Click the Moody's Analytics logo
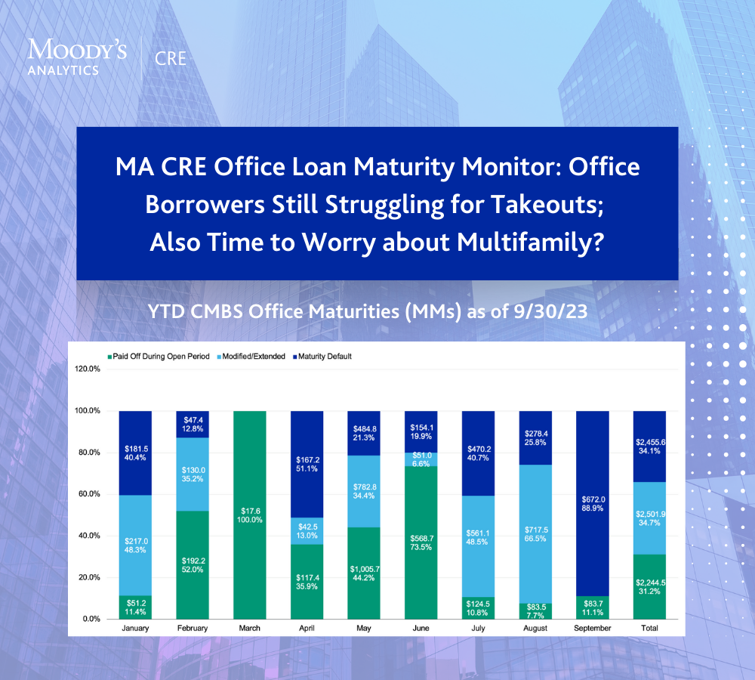[x=77, y=57]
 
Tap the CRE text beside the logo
[x=171, y=59]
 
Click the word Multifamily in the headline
[x=529, y=242]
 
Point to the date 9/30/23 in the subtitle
[x=550, y=311]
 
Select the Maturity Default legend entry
[x=322, y=357]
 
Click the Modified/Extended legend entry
[x=251, y=357]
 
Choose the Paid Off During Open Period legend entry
[x=159, y=357]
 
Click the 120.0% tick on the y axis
[x=87, y=369]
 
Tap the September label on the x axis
[x=592, y=629]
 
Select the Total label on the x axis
[x=649, y=628]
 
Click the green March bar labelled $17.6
[x=249, y=515]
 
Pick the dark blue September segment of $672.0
[x=592, y=504]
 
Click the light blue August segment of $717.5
[x=535, y=534]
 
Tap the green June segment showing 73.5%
[x=421, y=542]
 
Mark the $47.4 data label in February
[x=193, y=420]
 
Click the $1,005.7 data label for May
[x=365, y=569]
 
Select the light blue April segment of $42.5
[x=307, y=531]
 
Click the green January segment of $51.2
[x=135, y=607]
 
